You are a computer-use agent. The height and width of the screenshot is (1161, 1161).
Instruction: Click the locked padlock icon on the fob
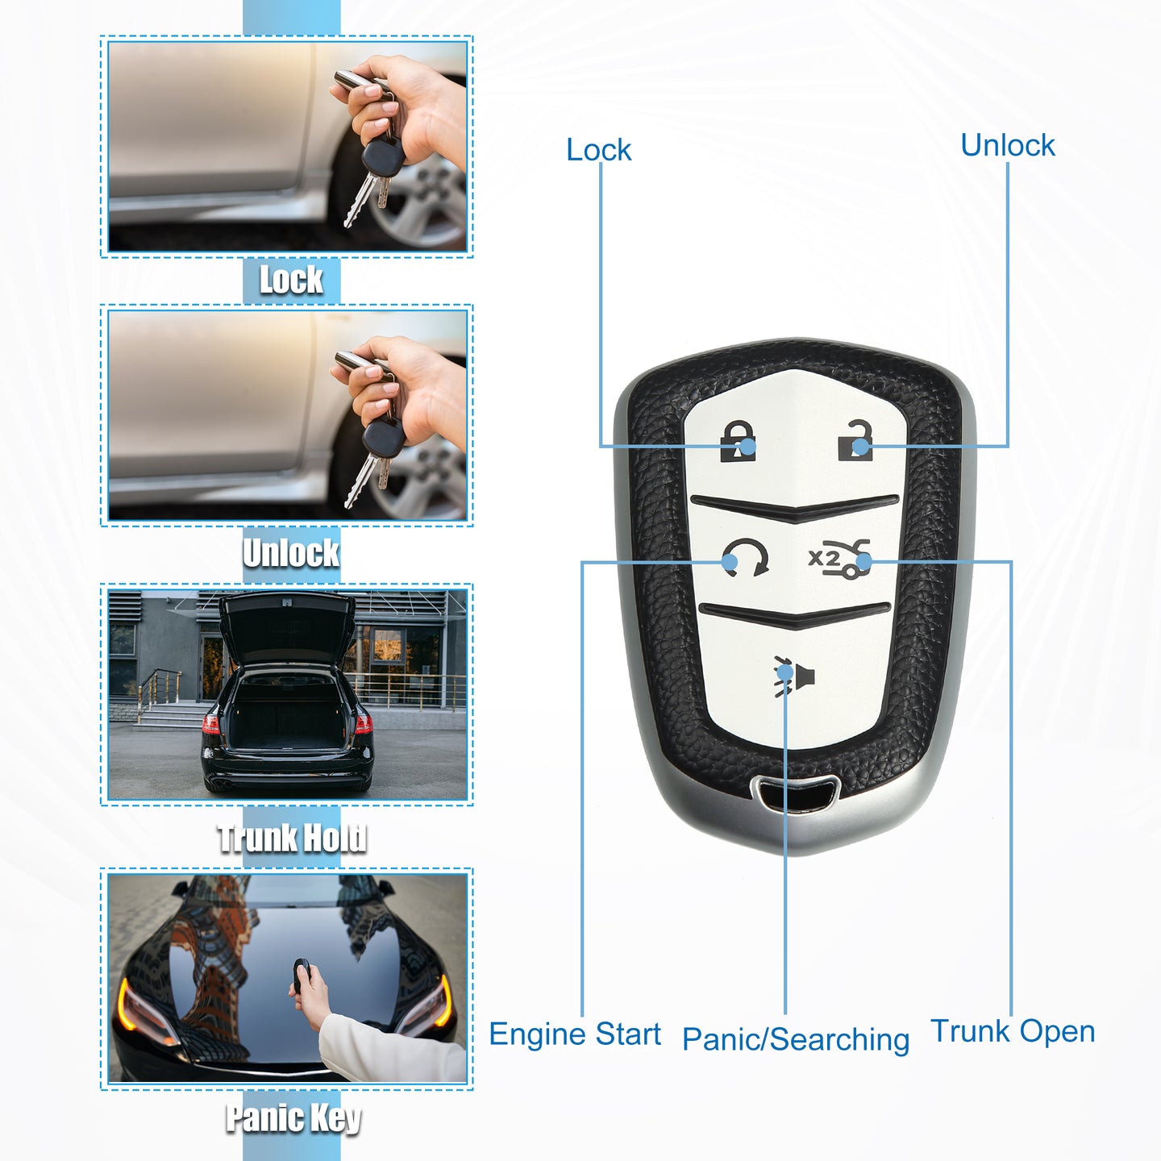click(x=738, y=441)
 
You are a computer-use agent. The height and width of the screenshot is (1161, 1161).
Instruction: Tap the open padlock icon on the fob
click(x=855, y=440)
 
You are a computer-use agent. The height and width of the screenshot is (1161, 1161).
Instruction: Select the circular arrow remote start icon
click(x=745, y=557)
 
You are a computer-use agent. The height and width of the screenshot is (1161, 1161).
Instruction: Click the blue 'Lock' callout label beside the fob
click(x=598, y=150)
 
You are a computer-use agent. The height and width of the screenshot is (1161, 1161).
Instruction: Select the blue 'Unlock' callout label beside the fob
click(x=1007, y=145)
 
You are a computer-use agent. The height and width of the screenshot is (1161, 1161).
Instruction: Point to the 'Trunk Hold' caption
click(x=292, y=838)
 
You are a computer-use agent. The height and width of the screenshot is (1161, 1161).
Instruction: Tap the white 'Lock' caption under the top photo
click(x=291, y=280)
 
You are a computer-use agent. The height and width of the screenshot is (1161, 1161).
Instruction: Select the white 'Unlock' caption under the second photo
click(x=291, y=552)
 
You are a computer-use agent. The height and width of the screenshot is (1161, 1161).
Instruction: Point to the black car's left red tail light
click(x=211, y=723)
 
